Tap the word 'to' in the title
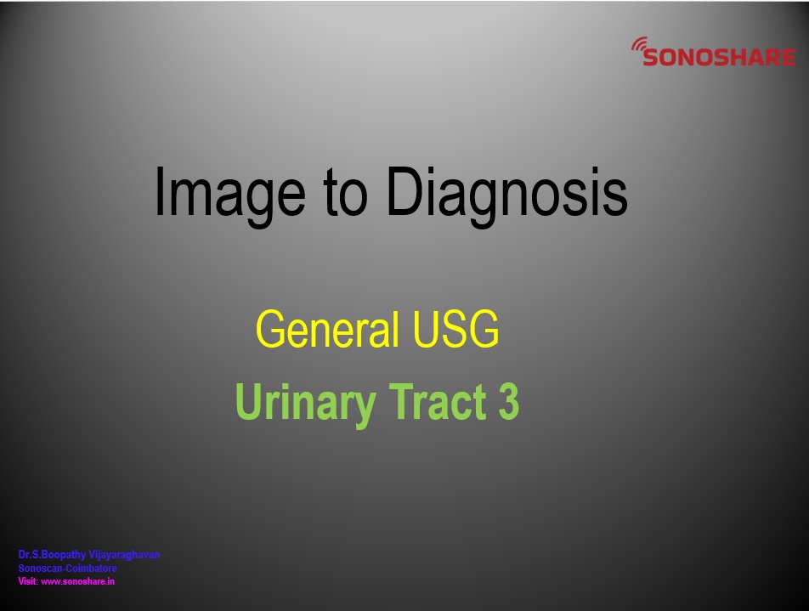pyautogui.click(x=346, y=193)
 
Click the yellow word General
pyautogui.click(x=327, y=329)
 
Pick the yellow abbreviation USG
pyautogui.click(x=455, y=329)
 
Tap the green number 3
pyautogui.click(x=509, y=401)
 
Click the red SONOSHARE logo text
pyautogui.click(x=719, y=57)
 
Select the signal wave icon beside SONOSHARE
pyautogui.click(x=639, y=44)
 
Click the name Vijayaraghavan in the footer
pyautogui.click(x=124, y=555)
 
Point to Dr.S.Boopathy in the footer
pyautogui.click(x=52, y=555)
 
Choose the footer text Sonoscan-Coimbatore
pyautogui.click(x=68, y=569)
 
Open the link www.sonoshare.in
pyautogui.click(x=77, y=581)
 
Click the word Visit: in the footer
pyautogui.click(x=28, y=581)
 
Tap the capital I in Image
pyautogui.click(x=159, y=191)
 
